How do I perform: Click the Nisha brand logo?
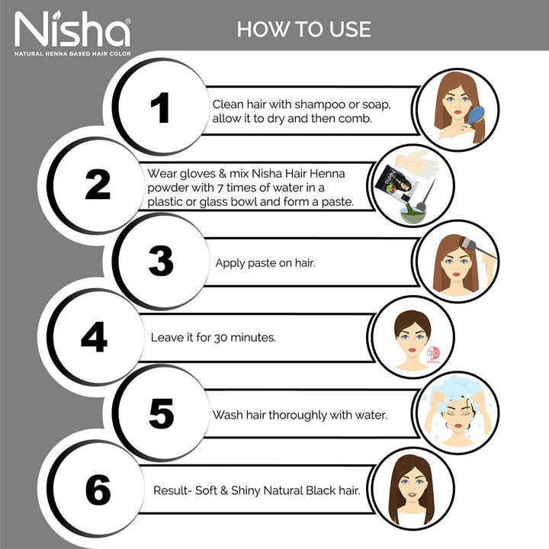tap(72, 30)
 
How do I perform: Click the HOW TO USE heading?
tap(303, 29)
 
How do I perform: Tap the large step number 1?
tap(159, 108)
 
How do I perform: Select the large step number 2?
tap(98, 183)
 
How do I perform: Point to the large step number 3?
tap(161, 262)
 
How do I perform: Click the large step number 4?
tap(94, 336)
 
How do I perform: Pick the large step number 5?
tap(161, 413)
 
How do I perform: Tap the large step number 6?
tap(98, 489)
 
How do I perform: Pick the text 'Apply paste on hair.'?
tap(265, 263)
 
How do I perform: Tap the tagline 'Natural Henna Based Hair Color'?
tap(72, 53)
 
